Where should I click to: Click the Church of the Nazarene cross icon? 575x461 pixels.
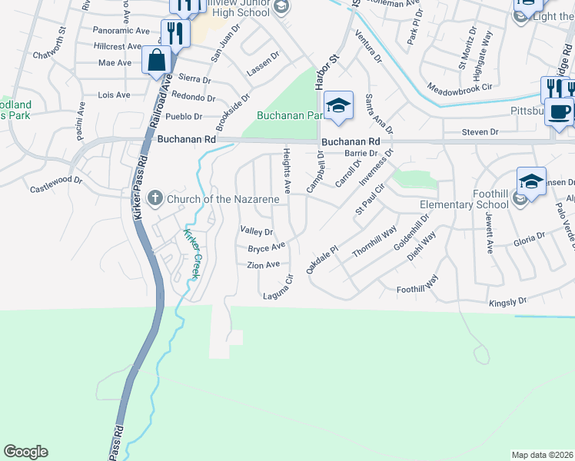pos(155,199)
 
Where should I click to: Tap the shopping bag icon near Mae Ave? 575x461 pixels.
pos(156,60)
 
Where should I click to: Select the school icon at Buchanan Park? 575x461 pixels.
pos(337,106)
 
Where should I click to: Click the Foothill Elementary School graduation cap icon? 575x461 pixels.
pos(530,181)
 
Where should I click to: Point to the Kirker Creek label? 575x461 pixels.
pos(190,254)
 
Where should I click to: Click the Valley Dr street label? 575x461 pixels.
pos(257,231)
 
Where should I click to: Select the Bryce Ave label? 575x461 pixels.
pos(267,247)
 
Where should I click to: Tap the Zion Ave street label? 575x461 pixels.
pos(263,265)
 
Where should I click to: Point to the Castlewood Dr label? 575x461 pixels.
pos(55,184)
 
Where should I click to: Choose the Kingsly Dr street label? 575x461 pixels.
pos(508,302)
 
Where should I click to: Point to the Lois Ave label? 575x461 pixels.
pos(115,95)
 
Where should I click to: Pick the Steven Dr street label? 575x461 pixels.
pos(480,132)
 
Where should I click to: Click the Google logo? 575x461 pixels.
pos(25,452)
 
